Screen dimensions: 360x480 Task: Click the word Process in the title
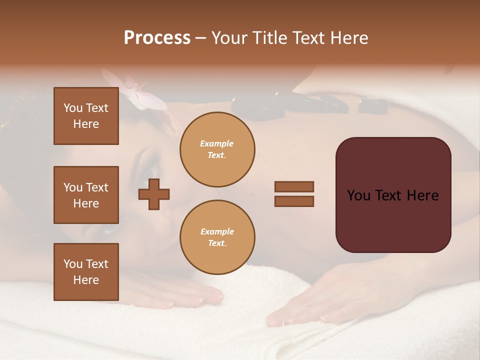click(x=157, y=38)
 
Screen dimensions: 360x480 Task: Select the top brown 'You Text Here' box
click(x=86, y=116)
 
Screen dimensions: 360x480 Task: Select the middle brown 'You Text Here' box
click(x=86, y=195)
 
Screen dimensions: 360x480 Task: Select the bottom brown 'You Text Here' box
click(x=86, y=272)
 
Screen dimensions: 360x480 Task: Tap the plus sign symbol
click(x=154, y=194)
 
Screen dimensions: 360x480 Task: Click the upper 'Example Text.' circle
click(x=217, y=149)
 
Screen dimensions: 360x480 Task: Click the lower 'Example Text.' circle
click(x=217, y=237)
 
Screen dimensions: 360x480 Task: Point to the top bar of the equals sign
click(x=294, y=186)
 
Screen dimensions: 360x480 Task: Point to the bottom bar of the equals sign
click(x=294, y=201)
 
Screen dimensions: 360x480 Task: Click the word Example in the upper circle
click(x=217, y=144)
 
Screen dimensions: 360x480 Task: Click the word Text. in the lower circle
click(x=217, y=243)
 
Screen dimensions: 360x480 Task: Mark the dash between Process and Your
click(x=201, y=38)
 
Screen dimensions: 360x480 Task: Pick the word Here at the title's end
click(x=349, y=38)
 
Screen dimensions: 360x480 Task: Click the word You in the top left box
click(x=72, y=108)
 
